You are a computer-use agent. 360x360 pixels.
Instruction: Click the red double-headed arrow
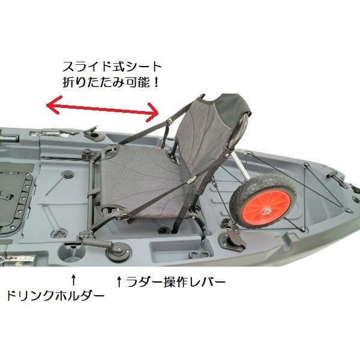[103, 109]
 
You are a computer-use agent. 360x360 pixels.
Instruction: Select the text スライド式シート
[112, 67]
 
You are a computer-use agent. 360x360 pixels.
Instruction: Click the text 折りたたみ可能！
[111, 82]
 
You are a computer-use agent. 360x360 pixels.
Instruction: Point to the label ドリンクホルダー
[55, 295]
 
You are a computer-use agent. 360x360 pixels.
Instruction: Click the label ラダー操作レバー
[176, 282]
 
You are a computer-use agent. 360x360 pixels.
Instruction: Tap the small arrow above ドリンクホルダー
[73, 280]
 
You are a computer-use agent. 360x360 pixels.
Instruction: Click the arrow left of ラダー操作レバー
[119, 282]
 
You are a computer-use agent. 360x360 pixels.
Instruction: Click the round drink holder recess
[71, 252]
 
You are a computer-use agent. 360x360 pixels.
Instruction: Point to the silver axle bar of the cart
[241, 166]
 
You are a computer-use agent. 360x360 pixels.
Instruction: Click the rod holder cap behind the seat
[94, 133]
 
